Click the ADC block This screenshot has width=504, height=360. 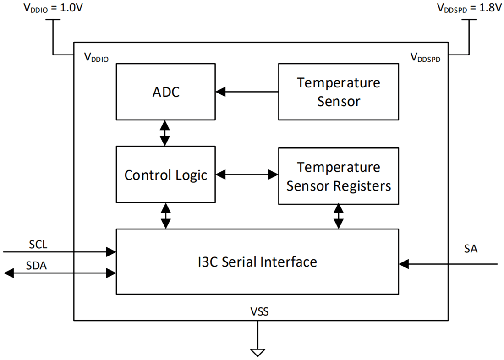click(165, 92)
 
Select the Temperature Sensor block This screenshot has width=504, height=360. click(338, 92)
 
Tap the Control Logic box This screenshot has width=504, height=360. click(165, 175)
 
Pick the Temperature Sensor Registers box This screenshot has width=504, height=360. click(338, 176)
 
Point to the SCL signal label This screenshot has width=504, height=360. click(38, 245)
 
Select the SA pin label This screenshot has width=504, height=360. click(470, 249)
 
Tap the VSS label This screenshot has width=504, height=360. click(259, 313)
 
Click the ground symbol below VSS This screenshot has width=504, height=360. click(258, 352)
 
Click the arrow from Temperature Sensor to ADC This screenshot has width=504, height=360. click(247, 92)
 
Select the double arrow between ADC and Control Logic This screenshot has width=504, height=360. click(165, 133)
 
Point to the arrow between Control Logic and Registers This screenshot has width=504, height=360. click(247, 175)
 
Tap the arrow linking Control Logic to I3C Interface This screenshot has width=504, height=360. click(165, 216)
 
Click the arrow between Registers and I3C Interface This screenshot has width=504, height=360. click(338, 216)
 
